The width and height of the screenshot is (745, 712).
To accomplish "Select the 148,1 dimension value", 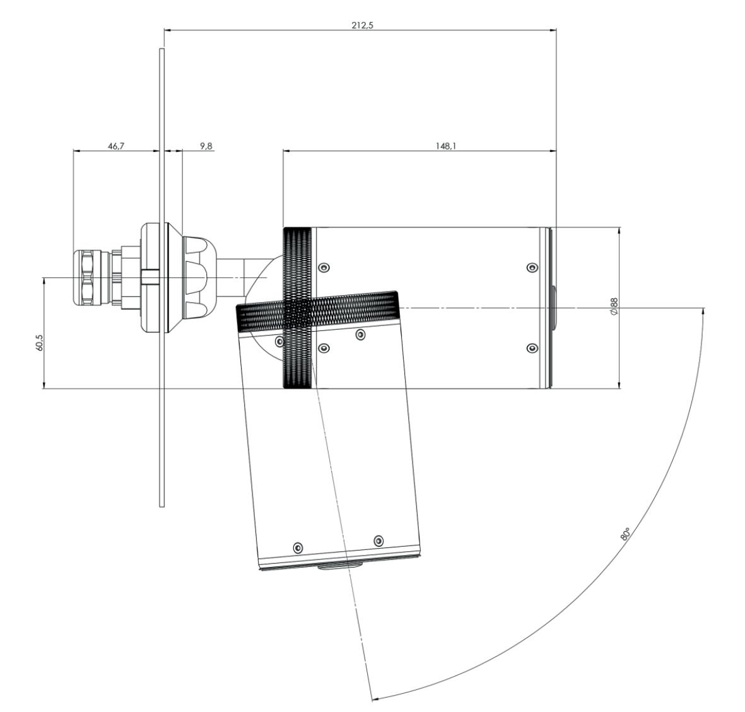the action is coord(445,146).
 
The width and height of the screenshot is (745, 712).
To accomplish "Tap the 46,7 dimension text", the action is coord(116,146).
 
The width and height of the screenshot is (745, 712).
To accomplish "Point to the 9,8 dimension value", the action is coord(206,146).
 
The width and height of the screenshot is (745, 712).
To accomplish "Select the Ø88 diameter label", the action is coord(614,307).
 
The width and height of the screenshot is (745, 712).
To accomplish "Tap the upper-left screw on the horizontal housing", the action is coord(324,267).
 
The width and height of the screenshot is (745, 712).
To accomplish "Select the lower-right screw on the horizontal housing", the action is coord(532,348).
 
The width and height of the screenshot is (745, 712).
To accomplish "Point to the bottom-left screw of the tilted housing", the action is coord(298,546).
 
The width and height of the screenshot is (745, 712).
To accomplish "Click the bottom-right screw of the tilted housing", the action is coord(378,540).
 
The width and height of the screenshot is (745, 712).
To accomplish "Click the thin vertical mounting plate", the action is coord(161,410).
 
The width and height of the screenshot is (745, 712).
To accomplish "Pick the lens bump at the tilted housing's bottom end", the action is coord(339,566).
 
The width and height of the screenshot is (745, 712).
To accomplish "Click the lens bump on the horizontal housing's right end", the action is coord(554,308).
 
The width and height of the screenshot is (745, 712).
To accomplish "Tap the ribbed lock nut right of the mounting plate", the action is coord(198,277).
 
